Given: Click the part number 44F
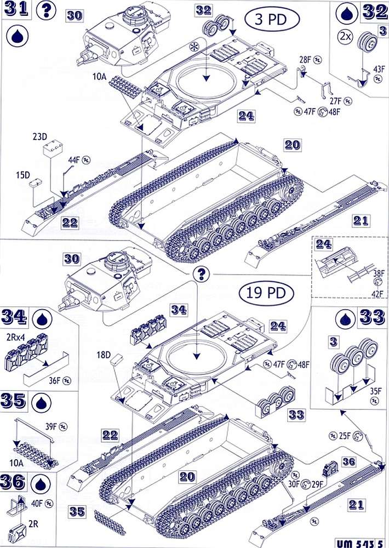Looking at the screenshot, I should coord(75,159).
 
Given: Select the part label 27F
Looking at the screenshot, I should coord(335,101).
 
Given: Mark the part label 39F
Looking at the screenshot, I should coord(50,425).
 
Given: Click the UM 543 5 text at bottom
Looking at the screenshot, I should coord(359,541).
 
